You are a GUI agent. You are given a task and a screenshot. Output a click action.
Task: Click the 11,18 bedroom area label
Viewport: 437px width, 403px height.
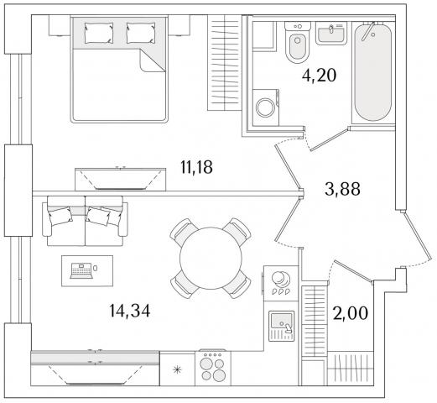point(197,167)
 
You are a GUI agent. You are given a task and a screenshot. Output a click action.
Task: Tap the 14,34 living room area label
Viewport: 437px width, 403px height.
point(130,311)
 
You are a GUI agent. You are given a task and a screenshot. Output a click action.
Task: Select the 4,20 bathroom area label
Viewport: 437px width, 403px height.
point(319,76)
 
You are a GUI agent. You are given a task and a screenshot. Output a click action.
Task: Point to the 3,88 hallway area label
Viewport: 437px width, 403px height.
point(342,189)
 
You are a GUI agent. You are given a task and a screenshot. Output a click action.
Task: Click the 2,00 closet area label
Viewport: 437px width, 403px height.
point(351,313)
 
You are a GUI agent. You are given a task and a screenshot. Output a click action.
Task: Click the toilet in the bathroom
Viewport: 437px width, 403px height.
point(298,42)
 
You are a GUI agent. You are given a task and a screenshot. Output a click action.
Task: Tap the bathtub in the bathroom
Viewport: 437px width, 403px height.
point(372,73)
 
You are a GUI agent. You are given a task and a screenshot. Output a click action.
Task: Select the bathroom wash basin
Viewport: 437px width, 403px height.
point(331,33)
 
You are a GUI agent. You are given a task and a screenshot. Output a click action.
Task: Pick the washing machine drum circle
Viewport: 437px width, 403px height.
point(266,107)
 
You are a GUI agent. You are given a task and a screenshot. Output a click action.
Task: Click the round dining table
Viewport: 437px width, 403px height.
point(211,258)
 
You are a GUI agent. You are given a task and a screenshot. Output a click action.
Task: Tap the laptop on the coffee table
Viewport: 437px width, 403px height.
point(81,270)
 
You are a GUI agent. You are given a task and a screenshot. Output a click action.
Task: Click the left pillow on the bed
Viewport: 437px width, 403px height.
point(99,33)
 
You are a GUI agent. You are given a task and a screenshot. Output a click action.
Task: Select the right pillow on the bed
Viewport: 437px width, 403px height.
point(141,33)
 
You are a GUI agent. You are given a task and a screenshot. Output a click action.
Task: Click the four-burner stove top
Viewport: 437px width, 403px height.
point(213,368)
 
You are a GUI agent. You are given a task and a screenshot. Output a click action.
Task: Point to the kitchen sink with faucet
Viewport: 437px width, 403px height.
point(282,326)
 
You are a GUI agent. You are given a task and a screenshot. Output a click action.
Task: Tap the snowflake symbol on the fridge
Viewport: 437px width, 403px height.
point(177,370)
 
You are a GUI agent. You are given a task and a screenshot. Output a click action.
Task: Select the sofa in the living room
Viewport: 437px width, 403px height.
point(85,221)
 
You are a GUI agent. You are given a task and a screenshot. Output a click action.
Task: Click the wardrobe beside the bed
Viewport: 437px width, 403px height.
point(225,63)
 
